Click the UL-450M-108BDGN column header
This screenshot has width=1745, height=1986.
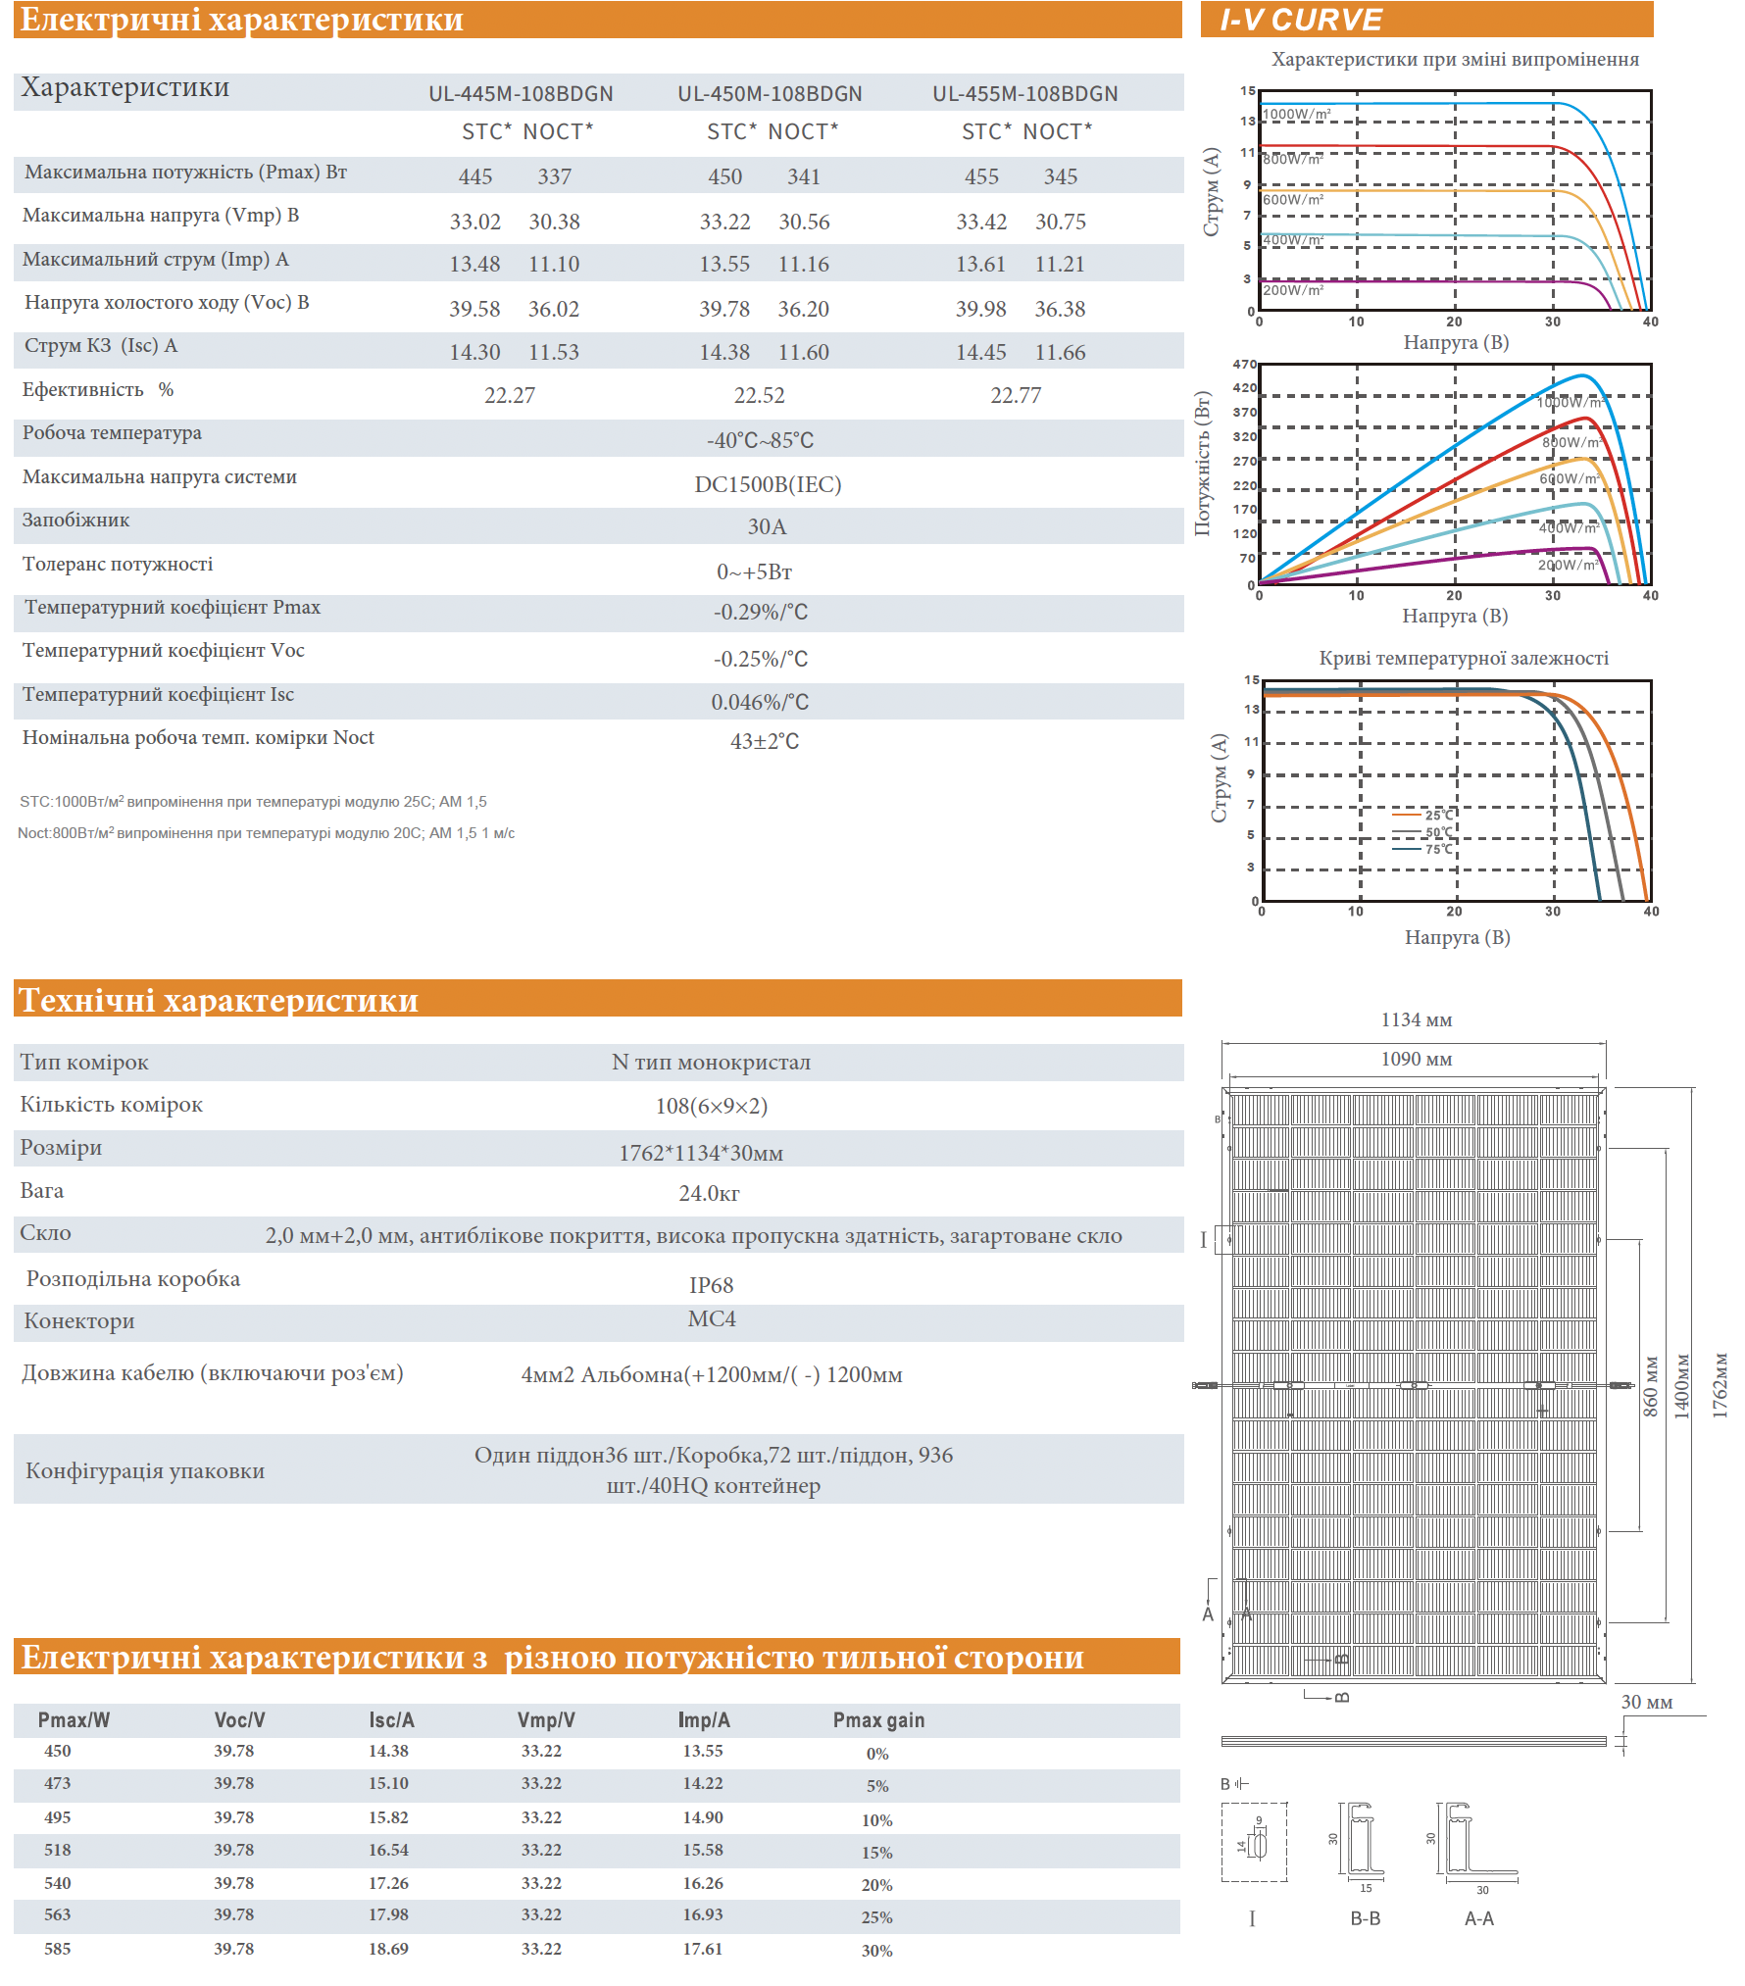[770, 94]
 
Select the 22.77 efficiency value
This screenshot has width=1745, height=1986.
[1016, 395]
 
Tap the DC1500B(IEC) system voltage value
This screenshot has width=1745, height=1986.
[768, 484]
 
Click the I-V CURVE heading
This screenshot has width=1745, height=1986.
[1301, 20]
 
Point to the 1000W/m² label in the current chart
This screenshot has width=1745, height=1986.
[1296, 114]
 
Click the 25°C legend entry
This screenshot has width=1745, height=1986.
[1438, 815]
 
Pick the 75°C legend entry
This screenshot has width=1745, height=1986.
[1438, 849]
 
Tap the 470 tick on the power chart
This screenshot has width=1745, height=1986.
[1244, 364]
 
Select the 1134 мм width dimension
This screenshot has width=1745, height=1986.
[1416, 1020]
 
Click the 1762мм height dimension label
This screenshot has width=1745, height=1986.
[1720, 1385]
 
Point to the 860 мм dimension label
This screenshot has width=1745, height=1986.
[1651, 1386]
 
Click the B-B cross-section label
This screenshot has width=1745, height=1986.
[1365, 1918]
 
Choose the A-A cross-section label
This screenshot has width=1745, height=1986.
[1478, 1918]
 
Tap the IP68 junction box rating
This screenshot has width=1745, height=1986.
[711, 1285]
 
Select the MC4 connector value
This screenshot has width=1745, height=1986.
[711, 1319]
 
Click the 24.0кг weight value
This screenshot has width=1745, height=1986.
[709, 1193]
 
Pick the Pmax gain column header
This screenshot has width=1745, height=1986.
[878, 1720]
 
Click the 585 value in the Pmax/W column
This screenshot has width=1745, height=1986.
[58, 1949]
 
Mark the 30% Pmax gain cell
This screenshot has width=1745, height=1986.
[876, 1951]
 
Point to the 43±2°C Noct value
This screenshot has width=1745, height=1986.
[765, 741]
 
